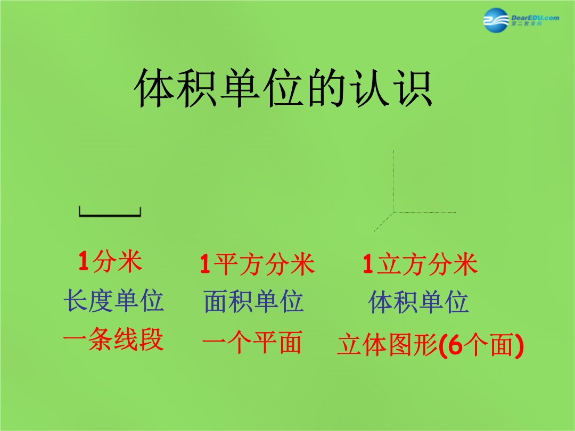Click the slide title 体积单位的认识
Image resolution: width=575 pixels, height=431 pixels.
[283, 88]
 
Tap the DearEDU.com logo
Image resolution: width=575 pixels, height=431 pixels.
[521, 20]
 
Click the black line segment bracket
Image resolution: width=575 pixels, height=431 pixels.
[110, 212]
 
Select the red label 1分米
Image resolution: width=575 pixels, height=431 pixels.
[110, 262]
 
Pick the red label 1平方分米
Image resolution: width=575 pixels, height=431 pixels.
[257, 264]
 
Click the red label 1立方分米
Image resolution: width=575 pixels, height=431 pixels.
[420, 264]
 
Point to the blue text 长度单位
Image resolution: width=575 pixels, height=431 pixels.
[114, 301]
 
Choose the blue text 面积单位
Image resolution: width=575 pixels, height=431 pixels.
[254, 302]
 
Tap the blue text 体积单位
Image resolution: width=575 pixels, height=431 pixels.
[418, 302]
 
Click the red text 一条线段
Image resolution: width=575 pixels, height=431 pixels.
[113, 339]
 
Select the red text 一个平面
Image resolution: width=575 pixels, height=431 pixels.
[252, 342]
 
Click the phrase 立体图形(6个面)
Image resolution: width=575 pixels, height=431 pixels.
[430, 345]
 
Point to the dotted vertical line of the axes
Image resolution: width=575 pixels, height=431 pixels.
[393, 181]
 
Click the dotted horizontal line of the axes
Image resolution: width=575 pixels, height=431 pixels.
[424, 212]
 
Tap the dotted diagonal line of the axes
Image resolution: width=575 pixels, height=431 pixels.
[383, 222]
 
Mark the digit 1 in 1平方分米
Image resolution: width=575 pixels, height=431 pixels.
[205, 264]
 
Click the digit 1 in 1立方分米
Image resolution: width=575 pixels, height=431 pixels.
[368, 264]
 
